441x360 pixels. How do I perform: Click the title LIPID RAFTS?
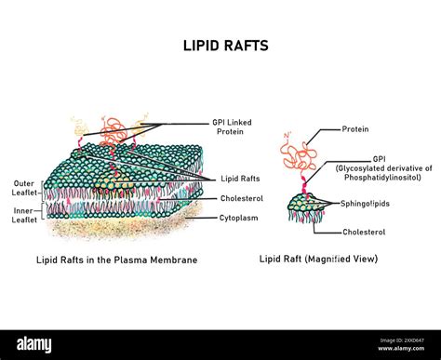[220, 44]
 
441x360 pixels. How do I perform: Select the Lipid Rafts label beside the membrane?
[239, 179]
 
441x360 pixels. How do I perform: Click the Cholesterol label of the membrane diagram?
[240, 198]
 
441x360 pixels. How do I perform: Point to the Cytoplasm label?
[238, 218]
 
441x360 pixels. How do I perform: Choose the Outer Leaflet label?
[25, 189]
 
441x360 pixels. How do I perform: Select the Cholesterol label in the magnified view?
[364, 232]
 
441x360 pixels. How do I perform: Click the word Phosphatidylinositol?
[381, 177]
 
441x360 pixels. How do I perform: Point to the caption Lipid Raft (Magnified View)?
[318, 260]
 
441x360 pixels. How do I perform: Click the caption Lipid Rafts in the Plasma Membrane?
[116, 260]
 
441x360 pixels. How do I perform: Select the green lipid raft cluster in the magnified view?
[306, 201]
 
